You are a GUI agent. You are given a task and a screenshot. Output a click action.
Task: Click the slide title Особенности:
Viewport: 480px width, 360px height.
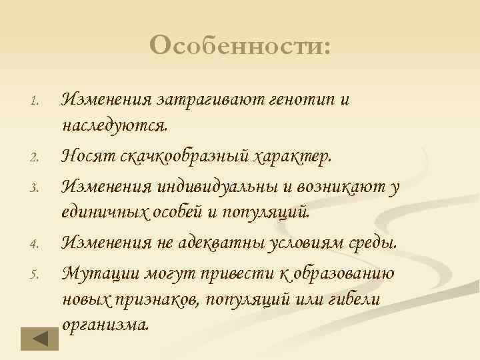[240, 47]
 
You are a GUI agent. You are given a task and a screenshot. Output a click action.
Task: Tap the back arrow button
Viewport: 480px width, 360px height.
[39, 338]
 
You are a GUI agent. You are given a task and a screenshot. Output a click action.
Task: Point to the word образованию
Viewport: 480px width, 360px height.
[347, 273]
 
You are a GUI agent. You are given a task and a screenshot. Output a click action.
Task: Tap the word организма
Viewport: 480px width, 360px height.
[105, 325]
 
